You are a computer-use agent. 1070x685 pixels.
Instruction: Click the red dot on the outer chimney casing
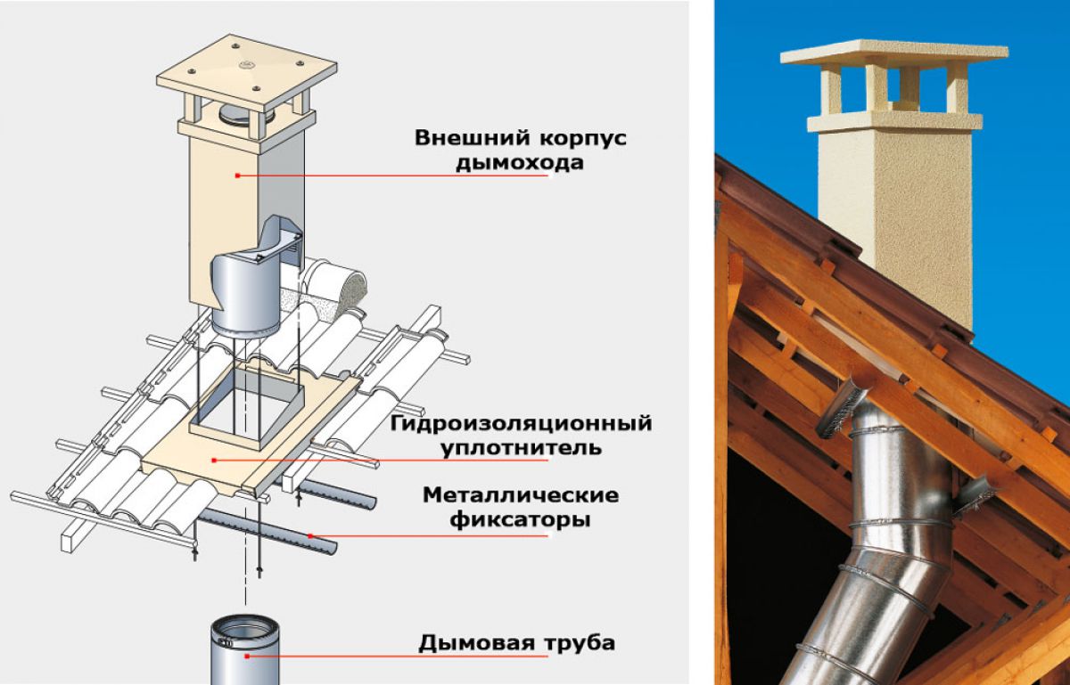click(x=237, y=175)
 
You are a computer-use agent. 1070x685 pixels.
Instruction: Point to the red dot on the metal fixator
click(x=310, y=536)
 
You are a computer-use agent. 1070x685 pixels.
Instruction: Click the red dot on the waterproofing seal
click(x=213, y=460)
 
